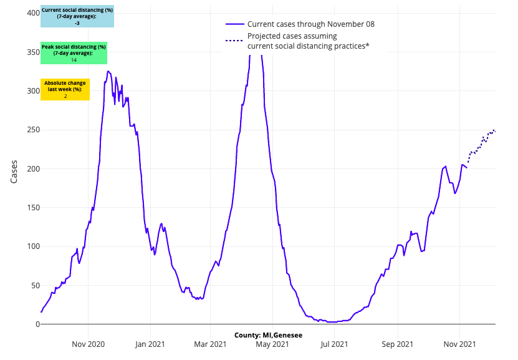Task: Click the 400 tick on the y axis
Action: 29,13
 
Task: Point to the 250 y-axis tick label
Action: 29,130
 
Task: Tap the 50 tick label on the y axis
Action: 31,286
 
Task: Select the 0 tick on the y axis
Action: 34,324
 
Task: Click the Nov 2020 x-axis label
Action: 88,344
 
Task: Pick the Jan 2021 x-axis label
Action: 150,344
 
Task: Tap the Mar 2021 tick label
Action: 210,344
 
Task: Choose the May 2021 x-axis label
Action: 272,344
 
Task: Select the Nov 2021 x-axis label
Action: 460,344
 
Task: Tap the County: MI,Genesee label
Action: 268,335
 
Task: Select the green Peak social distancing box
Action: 74,53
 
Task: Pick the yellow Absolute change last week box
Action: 65,89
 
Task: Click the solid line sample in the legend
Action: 234,24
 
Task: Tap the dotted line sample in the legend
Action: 234,41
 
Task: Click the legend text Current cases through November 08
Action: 310,24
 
